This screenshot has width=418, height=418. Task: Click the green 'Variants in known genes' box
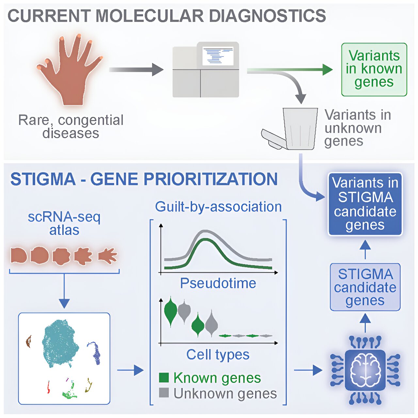click(x=374, y=69)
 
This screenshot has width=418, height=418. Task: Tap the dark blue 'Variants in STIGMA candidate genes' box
click(x=365, y=204)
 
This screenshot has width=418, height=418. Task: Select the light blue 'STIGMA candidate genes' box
click(x=365, y=287)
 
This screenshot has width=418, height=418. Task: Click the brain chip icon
click(x=365, y=370)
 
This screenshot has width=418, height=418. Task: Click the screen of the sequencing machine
click(x=218, y=56)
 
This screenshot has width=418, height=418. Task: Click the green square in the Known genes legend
click(x=164, y=378)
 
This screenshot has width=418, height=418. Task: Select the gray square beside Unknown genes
click(x=164, y=393)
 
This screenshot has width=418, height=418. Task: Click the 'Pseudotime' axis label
click(x=218, y=283)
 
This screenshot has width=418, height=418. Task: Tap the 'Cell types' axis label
click(x=218, y=354)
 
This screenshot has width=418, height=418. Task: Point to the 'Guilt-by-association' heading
click(x=218, y=207)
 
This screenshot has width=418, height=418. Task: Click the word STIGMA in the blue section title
click(x=43, y=179)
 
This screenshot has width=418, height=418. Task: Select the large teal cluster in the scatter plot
click(x=60, y=343)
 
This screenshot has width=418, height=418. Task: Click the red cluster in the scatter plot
click(x=48, y=387)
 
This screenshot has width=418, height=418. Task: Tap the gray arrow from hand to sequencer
click(x=136, y=70)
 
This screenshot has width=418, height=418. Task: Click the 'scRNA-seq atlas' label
click(x=64, y=223)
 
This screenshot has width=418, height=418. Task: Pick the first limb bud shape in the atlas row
click(x=19, y=255)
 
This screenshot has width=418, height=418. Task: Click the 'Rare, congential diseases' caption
click(x=71, y=126)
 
